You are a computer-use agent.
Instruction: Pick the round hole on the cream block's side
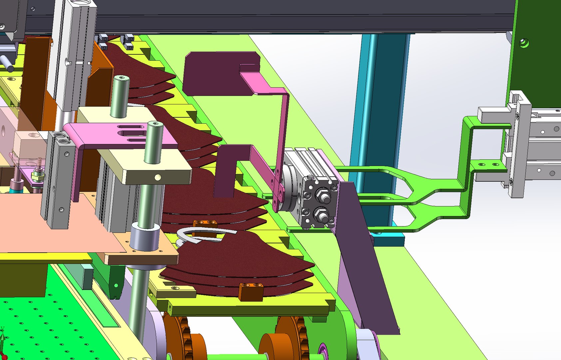(x=158, y=177)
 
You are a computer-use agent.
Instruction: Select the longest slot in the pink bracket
(x=131, y=134)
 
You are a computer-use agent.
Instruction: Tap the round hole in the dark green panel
(x=524, y=43)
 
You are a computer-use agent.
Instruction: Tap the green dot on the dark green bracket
(x=116, y=285)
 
